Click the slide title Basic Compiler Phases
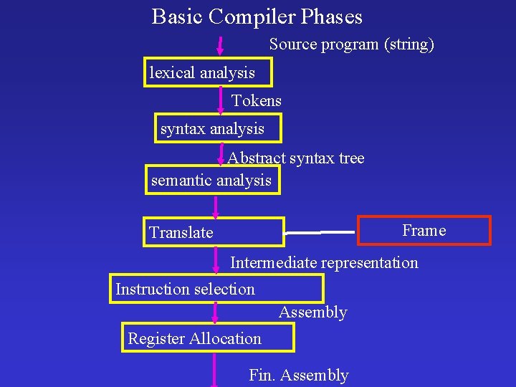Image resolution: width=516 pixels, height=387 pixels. coord(257,16)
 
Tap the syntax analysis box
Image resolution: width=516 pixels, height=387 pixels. coord(219,129)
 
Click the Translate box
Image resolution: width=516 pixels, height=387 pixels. coord(214,232)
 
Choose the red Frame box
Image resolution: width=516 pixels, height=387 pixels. coord(424,231)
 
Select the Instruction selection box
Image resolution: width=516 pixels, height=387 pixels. coord(216,289)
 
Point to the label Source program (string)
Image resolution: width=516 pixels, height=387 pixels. coord(352,44)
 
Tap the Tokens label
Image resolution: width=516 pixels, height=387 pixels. coord(257,101)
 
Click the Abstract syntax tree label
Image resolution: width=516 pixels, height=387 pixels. coord(296,158)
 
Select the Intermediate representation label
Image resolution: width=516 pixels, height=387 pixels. coord(324,262)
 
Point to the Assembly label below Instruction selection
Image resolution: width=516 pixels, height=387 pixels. coord(312,312)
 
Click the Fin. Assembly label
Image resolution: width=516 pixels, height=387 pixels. coord(298,376)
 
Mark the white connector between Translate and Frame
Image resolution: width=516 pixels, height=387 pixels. coord(320,232)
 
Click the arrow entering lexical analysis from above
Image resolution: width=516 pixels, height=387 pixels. coord(220,46)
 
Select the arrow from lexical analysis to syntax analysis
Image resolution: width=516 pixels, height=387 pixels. coord(221,100)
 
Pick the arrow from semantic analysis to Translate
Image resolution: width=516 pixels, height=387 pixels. coord(215,206)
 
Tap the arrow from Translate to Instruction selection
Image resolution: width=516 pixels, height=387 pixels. coord(216,260)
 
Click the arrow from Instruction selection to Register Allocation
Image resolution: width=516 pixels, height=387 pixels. coord(214,312)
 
